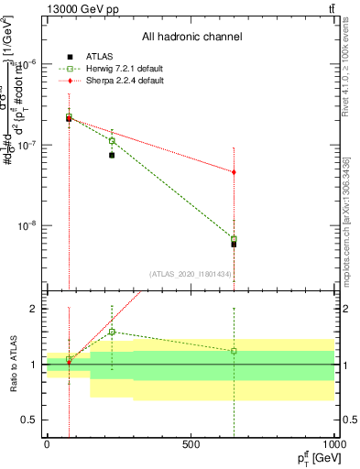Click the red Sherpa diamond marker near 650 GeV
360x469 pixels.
(x=234, y=172)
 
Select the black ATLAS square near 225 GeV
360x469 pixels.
(x=112, y=155)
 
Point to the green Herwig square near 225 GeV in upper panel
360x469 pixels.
(x=112, y=141)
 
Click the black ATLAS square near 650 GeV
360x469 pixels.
(x=234, y=244)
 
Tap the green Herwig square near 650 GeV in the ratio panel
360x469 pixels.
(x=234, y=351)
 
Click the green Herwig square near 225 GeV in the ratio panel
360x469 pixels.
(x=112, y=332)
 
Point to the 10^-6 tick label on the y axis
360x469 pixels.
(x=27, y=64)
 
